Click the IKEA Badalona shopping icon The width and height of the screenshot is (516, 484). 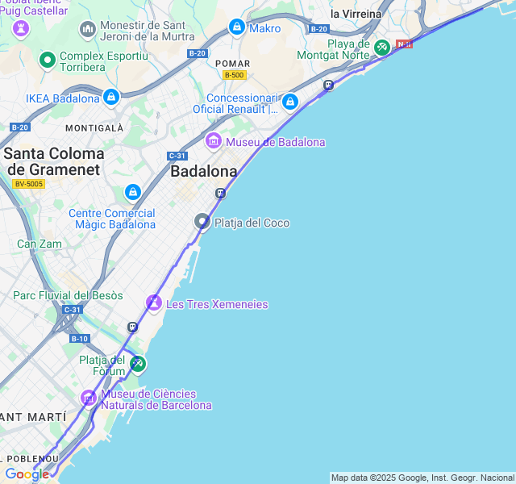[x=111, y=98]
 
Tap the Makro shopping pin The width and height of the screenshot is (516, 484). [x=237, y=27]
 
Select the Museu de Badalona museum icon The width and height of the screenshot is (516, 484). [x=214, y=141]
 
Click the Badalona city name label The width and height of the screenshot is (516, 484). [x=204, y=171]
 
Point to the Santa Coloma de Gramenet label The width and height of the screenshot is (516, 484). [x=54, y=161]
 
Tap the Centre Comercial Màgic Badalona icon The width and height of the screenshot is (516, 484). [x=133, y=193]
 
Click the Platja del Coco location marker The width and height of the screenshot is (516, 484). [x=202, y=222]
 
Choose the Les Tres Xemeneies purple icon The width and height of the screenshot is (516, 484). [x=154, y=303]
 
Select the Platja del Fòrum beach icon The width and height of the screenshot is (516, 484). [x=138, y=364]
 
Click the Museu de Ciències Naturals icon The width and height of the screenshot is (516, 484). [x=89, y=398]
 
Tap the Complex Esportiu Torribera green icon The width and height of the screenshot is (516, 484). [x=48, y=60]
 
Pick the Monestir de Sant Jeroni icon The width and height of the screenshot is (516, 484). [x=88, y=30]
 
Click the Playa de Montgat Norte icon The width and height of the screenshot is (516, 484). [x=381, y=48]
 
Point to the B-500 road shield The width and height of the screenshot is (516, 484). [x=235, y=75]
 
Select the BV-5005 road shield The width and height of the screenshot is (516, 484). [x=29, y=184]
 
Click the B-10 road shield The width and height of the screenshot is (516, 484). [x=79, y=339]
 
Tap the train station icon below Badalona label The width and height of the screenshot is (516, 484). [x=220, y=193]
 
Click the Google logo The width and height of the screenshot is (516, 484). [x=27, y=474]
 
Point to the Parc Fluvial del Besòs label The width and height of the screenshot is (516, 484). [x=68, y=295]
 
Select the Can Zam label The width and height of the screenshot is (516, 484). [x=39, y=244]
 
